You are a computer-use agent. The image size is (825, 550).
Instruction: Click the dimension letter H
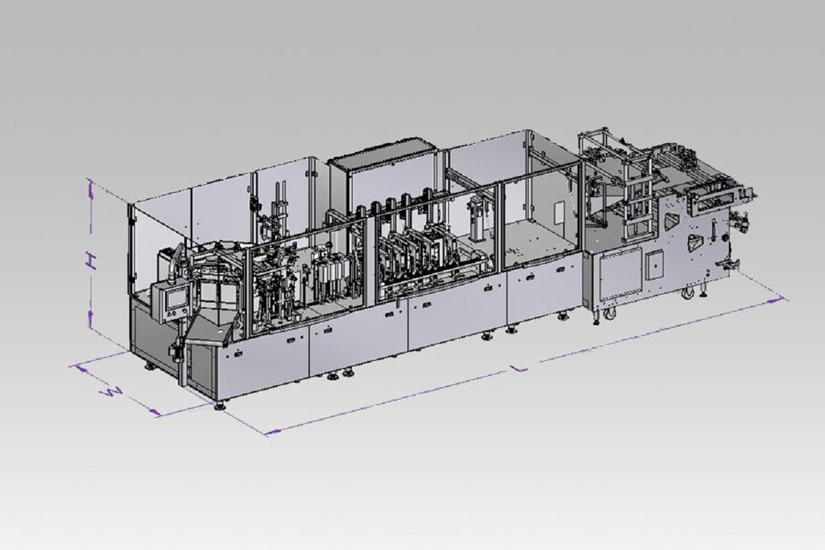click(x=91, y=261)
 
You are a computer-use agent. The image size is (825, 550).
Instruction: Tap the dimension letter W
click(x=111, y=393)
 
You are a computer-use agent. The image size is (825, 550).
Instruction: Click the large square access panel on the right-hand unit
click(x=621, y=274)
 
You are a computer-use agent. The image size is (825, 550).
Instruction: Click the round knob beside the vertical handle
click(x=725, y=238)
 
